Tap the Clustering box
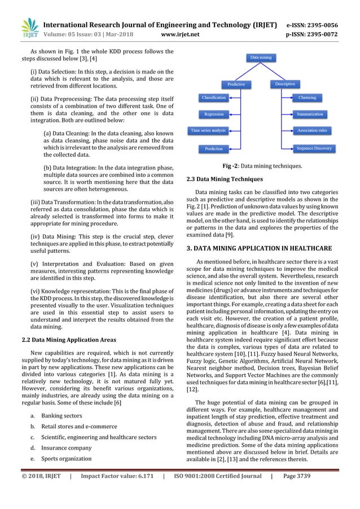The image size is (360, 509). (308, 98)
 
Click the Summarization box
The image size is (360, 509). (310, 114)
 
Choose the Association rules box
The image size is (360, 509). (310, 131)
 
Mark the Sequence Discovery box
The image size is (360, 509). (310, 148)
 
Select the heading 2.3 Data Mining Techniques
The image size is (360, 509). (219, 179)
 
